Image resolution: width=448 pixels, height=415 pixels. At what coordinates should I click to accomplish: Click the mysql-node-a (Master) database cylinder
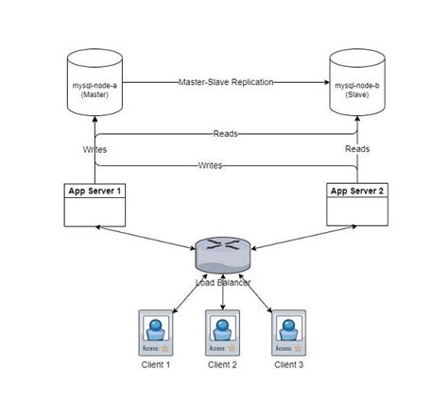(95, 84)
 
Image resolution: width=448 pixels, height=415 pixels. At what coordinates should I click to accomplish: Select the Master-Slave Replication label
(225, 82)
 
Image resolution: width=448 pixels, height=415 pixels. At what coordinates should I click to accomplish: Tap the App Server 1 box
(95, 204)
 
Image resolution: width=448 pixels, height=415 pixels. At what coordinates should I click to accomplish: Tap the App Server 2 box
(356, 204)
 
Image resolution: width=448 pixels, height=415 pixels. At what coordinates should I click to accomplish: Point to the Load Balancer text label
(223, 279)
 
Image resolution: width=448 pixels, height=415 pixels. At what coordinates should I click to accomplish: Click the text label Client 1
(155, 364)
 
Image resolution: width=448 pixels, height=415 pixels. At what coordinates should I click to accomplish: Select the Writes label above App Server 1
(95, 149)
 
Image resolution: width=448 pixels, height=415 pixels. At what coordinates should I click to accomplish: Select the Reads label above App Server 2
(356, 149)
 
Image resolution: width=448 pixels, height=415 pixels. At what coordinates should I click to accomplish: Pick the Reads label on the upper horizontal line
(225, 134)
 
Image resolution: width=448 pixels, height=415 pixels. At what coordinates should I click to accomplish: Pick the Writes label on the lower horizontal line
(210, 165)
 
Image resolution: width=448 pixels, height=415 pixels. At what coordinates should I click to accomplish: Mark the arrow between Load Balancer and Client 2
(223, 294)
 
